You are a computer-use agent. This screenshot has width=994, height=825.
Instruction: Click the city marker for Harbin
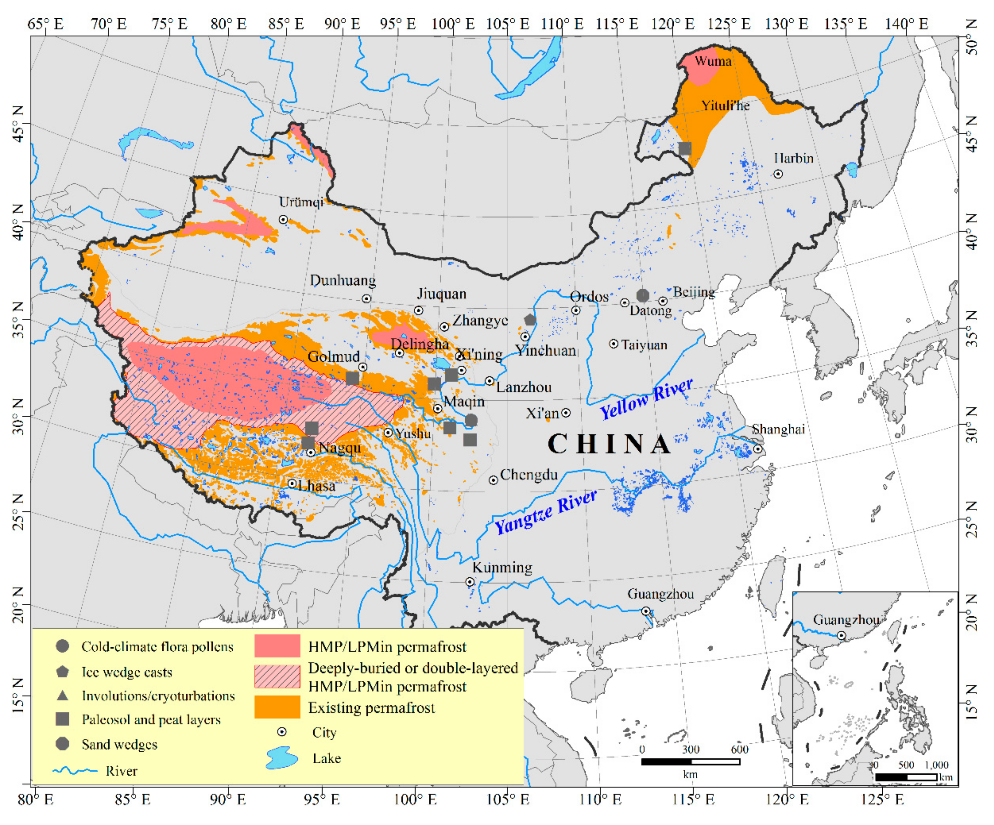pos(778,174)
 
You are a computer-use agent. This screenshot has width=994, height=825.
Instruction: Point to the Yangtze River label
pos(545,512)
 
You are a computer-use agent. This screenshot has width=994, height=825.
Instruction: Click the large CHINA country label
pos(609,444)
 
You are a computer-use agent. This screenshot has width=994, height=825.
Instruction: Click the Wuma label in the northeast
pos(713,61)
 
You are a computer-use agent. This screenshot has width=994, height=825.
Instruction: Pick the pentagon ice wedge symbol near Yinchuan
pos(530,320)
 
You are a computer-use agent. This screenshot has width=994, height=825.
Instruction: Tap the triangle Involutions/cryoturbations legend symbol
pos(62,695)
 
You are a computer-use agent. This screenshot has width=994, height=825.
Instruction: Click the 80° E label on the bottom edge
pos(36,800)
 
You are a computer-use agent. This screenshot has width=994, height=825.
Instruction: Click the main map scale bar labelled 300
pos(690,761)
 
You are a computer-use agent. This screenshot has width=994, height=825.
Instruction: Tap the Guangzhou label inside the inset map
pos(846,620)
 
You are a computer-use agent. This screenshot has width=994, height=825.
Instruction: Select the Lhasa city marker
pos(292,484)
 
